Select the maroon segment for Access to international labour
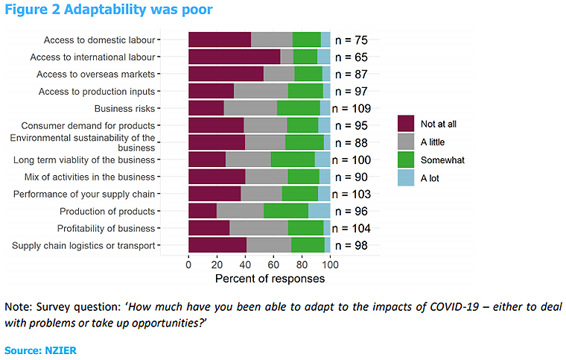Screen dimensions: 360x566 [x=234, y=56]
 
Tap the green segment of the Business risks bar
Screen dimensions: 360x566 [x=298, y=107]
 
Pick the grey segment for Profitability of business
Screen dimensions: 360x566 [x=258, y=227]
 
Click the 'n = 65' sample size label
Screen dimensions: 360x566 [x=351, y=57]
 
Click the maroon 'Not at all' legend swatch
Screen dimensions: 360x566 [x=406, y=124]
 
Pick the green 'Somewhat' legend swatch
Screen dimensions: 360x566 [x=406, y=160]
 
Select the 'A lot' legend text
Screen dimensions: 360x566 [x=433, y=177]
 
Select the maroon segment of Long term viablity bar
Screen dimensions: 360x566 [x=207, y=159]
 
